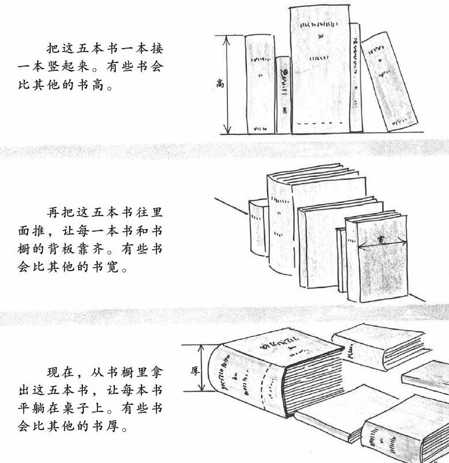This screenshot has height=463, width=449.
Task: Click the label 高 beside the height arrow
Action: click(x=220, y=83)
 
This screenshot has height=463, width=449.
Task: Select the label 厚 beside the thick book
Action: click(x=195, y=369)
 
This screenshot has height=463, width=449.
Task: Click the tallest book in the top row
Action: click(x=319, y=70)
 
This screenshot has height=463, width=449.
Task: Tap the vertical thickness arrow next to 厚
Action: click(x=202, y=369)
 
